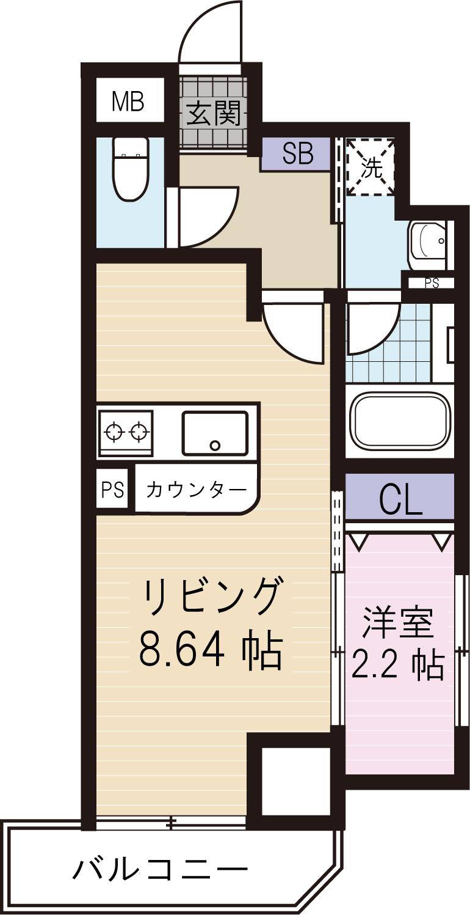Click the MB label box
129,102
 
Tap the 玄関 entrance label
214,113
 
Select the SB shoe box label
297,154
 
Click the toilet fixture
131,167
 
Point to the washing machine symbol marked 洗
370,167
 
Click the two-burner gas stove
126,431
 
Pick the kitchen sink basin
214,433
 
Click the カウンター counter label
197,490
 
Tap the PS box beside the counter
112,490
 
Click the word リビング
214,598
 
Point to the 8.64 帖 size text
211,651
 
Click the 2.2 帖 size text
397,665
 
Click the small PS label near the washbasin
432,283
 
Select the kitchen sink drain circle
214,445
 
